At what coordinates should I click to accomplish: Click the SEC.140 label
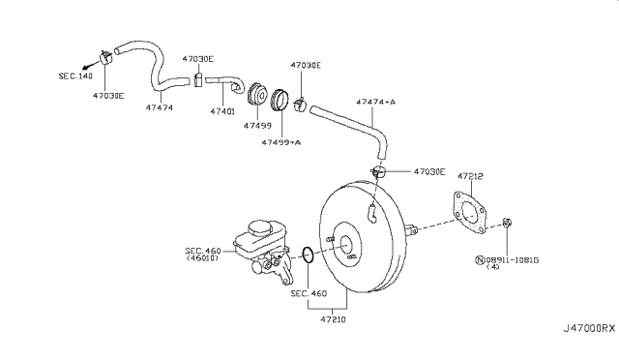coord(75,75)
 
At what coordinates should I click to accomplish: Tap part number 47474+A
coord(375,102)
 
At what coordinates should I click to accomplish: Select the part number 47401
coord(222,112)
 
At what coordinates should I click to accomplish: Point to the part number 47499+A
coord(281,142)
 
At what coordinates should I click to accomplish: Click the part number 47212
coord(470,177)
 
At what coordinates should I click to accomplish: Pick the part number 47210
coord(333,319)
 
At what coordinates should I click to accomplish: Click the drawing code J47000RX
coord(589,328)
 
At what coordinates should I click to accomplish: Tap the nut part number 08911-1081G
coord(512,260)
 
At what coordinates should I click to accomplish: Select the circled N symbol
coord(480,260)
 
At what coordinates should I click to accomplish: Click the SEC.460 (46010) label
coord(202,255)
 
